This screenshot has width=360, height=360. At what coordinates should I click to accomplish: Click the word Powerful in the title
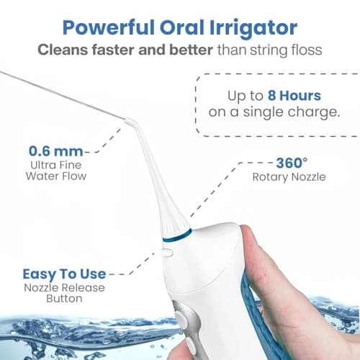tap(109, 28)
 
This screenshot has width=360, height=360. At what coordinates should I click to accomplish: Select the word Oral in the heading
tap(182, 27)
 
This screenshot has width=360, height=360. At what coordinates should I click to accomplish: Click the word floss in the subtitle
tap(307, 50)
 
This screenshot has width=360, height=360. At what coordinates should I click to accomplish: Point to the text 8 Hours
tap(294, 96)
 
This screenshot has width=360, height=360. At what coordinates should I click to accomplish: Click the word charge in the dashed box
tap(314, 112)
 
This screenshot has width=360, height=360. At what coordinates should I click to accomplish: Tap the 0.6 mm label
tap(55, 151)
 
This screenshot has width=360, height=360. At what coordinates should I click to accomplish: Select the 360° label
tap(292, 163)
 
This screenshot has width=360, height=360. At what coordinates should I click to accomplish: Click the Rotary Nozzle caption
tap(289, 177)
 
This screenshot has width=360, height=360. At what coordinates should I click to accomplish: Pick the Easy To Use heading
tap(64, 274)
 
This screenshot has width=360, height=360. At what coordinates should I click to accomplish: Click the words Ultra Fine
tap(56, 165)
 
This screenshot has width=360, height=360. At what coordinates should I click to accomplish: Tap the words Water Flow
tap(56, 176)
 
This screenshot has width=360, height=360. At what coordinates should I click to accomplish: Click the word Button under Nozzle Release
tap(64, 299)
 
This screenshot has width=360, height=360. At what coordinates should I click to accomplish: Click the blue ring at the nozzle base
tap(178, 235)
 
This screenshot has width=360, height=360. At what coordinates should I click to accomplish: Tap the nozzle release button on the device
tap(167, 252)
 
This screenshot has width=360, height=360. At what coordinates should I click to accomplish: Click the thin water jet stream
tap(63, 95)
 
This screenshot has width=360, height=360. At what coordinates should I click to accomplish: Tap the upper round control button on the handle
tap(182, 319)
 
